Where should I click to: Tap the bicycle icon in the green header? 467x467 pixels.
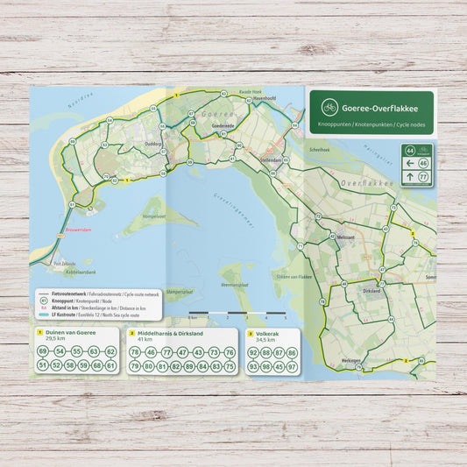pos(329,108)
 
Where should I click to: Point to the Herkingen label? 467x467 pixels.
pos(351,360)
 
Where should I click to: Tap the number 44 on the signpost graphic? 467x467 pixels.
pos(410,151)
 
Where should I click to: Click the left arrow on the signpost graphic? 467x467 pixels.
pos(409,164)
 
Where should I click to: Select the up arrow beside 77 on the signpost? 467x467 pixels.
pos(409,178)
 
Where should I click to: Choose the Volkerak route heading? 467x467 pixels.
pos(269,333)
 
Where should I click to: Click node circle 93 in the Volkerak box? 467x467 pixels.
pos(254,366)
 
